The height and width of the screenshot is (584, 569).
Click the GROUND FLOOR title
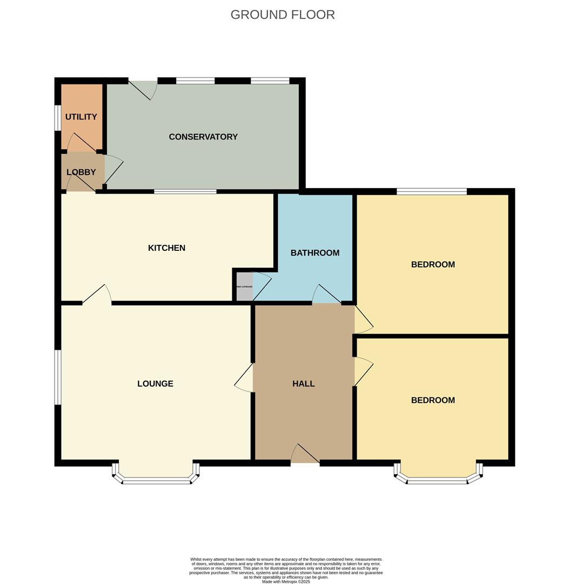283,15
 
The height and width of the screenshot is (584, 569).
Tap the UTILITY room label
81,117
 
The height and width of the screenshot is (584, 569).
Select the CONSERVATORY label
203,137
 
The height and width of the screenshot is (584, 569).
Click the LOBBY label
81,172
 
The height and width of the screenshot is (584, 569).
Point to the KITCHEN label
166,248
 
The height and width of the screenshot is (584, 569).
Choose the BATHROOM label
314,253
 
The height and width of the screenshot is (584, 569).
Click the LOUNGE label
155,383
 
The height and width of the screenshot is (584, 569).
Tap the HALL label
303,383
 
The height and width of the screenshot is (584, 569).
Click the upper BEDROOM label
433,264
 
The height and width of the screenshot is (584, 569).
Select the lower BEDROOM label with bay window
433,400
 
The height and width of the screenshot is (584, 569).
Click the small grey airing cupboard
244,287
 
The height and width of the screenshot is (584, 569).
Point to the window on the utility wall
57,117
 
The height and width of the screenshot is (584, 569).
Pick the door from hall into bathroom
326,295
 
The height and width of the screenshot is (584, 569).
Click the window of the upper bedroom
431,191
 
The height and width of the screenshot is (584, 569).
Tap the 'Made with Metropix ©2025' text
286,581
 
